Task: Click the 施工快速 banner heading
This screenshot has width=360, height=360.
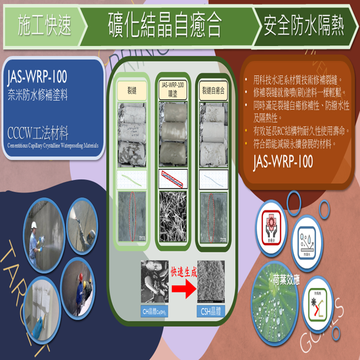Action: point(44,26)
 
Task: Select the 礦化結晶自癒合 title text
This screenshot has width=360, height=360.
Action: point(165,25)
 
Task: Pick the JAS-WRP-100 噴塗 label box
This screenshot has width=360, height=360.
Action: point(173,89)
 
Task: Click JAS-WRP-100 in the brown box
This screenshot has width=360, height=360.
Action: point(283,161)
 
